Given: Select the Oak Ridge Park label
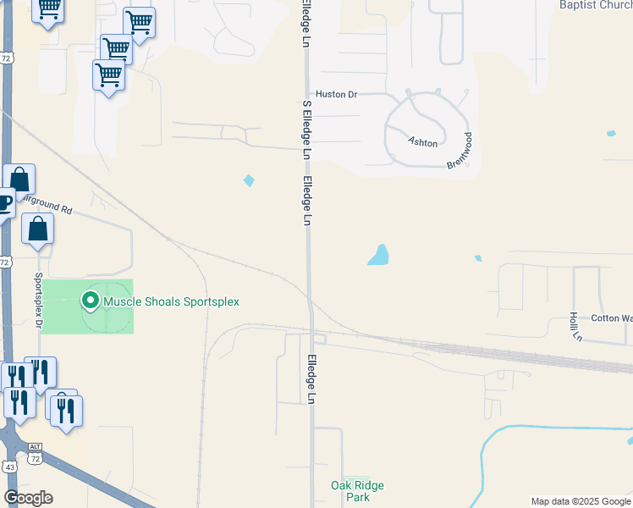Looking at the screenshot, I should click(357, 491).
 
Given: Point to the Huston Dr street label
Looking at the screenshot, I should click(337, 95).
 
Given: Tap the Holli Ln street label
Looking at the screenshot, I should click(575, 327).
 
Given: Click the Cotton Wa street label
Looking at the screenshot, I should click(611, 318).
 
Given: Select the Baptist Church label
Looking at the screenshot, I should click(596, 4).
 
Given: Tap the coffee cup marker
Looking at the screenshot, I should click(3, 204).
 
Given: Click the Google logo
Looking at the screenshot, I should click(28, 498).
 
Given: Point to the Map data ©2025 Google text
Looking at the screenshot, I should click(581, 501).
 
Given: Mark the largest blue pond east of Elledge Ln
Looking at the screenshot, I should click(379, 255).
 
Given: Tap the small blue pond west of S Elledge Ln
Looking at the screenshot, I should click(249, 180).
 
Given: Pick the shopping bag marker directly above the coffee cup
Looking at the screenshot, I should click(19, 180).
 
